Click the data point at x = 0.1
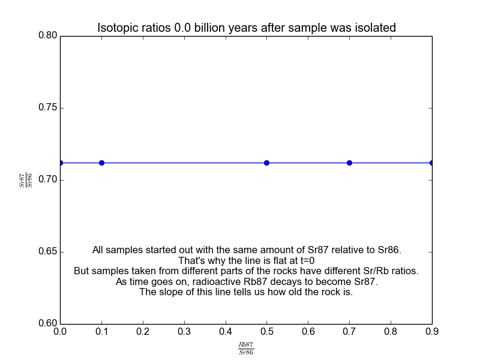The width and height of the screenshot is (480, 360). [x=101, y=163]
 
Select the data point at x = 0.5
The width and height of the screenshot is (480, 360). [x=266, y=163]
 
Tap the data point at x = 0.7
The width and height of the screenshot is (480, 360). [x=349, y=163]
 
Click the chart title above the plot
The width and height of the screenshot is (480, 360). [x=247, y=28]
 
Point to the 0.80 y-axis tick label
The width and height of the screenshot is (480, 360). [x=46, y=36]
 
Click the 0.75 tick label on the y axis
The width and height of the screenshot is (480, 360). [x=46, y=108]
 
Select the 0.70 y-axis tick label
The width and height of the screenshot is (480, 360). [x=46, y=180]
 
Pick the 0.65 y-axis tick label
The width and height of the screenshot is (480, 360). [x=46, y=252]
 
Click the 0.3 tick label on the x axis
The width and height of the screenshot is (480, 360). [x=184, y=331]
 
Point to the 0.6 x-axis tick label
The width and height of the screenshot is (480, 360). [x=308, y=331]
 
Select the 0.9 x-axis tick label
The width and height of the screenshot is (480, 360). [x=432, y=331]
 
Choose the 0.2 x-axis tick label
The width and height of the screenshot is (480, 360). [x=142, y=331]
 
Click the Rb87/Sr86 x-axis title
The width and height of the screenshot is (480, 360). [x=246, y=349]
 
